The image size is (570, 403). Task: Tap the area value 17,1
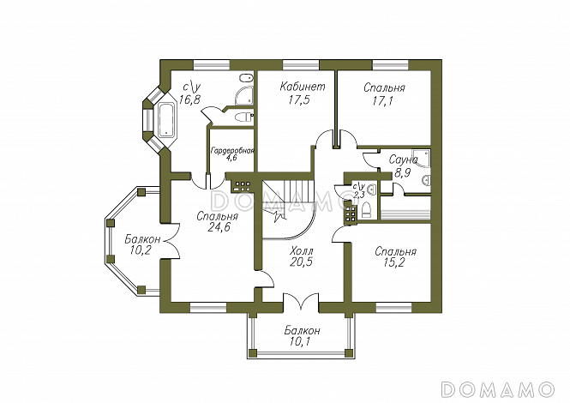tap(383, 100)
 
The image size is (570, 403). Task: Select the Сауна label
tap(402, 159)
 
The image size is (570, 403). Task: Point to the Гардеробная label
tap(232, 150)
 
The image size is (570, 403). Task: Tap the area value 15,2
tap(394, 264)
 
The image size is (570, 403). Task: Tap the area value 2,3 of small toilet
tap(359, 195)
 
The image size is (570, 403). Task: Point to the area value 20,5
tap(300, 263)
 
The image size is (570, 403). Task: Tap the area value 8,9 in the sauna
tap(402, 171)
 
